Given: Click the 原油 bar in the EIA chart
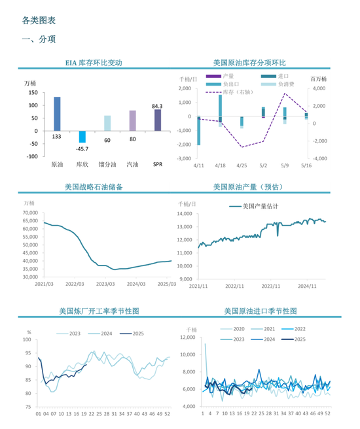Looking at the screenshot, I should click(x=57, y=113).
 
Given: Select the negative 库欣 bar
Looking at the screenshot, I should click(x=82, y=136).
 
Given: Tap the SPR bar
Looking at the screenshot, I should click(x=158, y=120).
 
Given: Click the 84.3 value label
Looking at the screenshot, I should click(x=157, y=105).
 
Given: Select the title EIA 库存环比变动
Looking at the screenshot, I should click(x=94, y=63).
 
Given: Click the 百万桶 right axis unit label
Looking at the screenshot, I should click(x=319, y=78).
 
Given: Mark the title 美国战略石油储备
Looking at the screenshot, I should click(x=94, y=187).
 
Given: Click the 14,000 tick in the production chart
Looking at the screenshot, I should click(x=185, y=214).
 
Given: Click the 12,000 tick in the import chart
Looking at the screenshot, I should click(x=187, y=337).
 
